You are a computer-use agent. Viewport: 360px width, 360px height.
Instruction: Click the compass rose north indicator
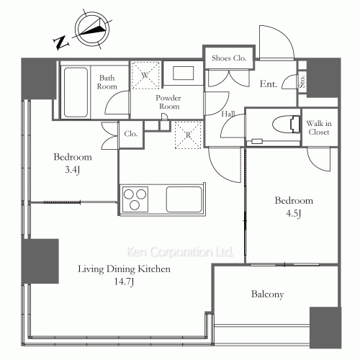click(x=92, y=30)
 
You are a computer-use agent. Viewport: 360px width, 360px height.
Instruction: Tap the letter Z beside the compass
click(x=60, y=42)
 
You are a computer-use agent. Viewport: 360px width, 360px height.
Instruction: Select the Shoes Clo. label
click(x=229, y=58)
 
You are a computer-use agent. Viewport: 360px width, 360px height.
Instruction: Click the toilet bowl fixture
click(x=286, y=124)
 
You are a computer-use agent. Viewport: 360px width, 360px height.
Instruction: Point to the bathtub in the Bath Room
click(x=76, y=92)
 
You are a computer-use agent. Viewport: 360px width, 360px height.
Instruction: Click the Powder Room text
click(x=168, y=102)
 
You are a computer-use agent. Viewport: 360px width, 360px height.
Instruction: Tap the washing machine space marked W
click(x=145, y=76)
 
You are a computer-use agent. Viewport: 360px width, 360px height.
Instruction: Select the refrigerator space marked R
click(x=188, y=135)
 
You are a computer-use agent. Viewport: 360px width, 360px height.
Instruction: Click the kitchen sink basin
click(x=184, y=199)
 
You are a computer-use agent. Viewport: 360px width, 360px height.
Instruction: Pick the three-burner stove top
click(x=135, y=199)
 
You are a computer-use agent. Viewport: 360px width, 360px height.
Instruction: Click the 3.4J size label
click(x=72, y=170)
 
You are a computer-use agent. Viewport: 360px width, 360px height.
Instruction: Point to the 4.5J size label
click(x=294, y=213)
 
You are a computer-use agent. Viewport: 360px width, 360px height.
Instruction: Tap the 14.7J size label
click(x=124, y=282)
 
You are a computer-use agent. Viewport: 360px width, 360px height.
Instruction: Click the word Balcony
click(x=267, y=294)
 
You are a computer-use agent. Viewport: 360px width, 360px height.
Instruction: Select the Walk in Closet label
click(x=319, y=127)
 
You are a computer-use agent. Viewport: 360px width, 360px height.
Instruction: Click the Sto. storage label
click(x=302, y=81)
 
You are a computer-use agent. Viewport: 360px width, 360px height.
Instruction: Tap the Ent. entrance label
click(x=269, y=84)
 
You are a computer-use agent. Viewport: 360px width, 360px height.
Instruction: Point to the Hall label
click(x=228, y=114)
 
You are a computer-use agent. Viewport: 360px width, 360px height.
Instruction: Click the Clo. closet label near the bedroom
click(x=131, y=134)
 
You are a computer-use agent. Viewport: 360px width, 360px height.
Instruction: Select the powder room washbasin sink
click(x=184, y=73)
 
